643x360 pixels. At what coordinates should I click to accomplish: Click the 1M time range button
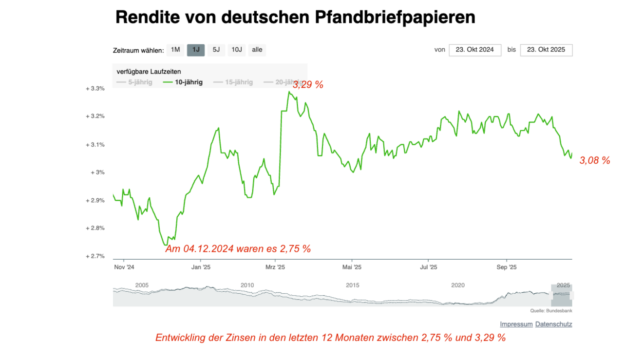(175, 50)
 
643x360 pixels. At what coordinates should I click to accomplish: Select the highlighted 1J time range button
(196, 50)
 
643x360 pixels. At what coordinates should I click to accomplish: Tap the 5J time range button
(216, 50)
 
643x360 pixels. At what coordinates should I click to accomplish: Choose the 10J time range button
(237, 50)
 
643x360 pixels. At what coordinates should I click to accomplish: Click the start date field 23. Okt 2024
(475, 50)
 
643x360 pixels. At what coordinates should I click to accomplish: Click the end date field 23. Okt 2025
(546, 50)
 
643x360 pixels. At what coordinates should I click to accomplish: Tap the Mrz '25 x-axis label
(275, 267)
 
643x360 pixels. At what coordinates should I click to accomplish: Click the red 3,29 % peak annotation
(308, 85)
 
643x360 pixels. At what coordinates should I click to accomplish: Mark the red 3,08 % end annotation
(595, 160)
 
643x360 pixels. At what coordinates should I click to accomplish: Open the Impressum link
(516, 324)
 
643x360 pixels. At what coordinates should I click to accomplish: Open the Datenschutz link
(553, 324)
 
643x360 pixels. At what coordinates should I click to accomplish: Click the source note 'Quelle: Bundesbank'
(551, 310)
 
